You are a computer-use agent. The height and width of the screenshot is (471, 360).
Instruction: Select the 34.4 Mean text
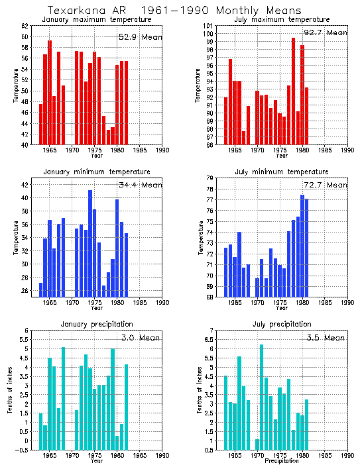click(x=140, y=184)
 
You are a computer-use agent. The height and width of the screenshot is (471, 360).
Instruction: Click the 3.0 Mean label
click(x=140, y=337)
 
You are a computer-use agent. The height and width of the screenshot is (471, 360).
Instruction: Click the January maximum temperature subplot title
click(x=96, y=19)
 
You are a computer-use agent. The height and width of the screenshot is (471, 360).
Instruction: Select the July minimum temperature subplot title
click(x=281, y=172)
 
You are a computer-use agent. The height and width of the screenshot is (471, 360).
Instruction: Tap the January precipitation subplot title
click(x=96, y=324)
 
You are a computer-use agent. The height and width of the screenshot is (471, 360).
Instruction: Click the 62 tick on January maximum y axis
click(x=25, y=26)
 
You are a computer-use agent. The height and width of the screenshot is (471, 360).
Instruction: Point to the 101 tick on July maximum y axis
click(x=207, y=26)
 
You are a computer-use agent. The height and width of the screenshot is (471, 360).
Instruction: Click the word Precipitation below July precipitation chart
click(x=281, y=461)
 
